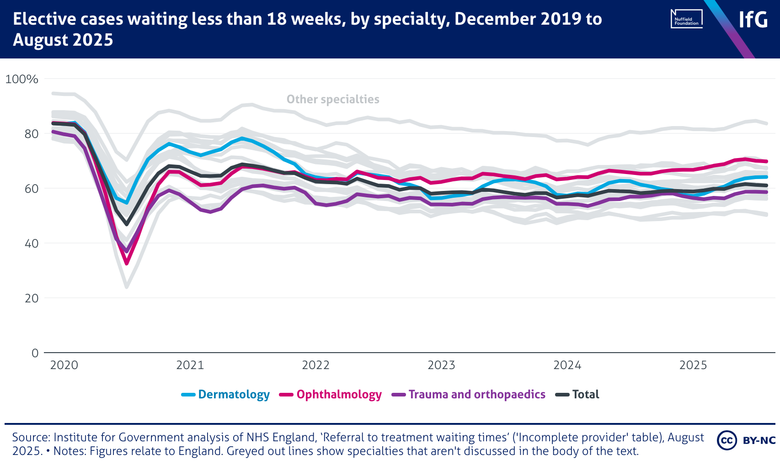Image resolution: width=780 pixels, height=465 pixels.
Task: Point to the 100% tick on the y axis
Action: coord(21,79)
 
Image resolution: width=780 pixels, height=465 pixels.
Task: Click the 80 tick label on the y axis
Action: coord(32,134)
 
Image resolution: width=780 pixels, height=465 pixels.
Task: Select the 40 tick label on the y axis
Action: coord(32,243)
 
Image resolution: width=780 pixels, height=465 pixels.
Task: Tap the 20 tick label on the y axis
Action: coord(32,298)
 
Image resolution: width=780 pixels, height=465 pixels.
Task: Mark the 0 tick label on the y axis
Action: coord(35,353)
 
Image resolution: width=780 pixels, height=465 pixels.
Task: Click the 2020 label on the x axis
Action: coord(64,365)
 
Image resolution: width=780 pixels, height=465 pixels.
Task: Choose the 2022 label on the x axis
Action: coord(315,365)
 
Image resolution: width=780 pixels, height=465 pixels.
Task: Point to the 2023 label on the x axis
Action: coord(441,365)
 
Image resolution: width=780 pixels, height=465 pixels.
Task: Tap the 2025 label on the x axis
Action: coord(693,365)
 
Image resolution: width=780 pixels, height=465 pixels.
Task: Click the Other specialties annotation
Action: coord(333,99)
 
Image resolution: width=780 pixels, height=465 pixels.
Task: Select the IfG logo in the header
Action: coord(753,20)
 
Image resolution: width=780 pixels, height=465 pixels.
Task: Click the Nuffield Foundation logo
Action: coord(686,19)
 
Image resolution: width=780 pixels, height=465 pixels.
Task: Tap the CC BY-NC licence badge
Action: coord(746,440)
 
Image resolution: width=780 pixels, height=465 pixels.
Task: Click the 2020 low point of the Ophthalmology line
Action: coord(127,264)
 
